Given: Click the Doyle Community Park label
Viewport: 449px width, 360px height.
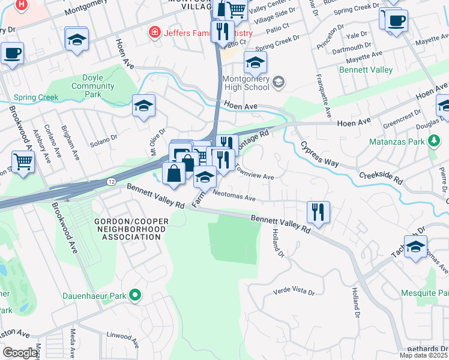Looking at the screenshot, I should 92,86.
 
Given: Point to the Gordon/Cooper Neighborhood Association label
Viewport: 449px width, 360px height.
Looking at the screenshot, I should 128,229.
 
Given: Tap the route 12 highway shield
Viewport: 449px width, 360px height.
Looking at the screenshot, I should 110,181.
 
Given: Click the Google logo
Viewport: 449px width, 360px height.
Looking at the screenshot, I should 20,352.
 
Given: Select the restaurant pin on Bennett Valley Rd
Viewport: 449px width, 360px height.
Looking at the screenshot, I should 318,212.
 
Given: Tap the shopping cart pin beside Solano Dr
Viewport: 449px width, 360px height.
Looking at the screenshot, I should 23,161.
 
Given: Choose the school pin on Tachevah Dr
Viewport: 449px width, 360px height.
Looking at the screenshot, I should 415,247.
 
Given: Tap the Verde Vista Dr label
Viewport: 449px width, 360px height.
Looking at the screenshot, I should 294,290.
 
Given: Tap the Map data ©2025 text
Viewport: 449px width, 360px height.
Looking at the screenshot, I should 423,355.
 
